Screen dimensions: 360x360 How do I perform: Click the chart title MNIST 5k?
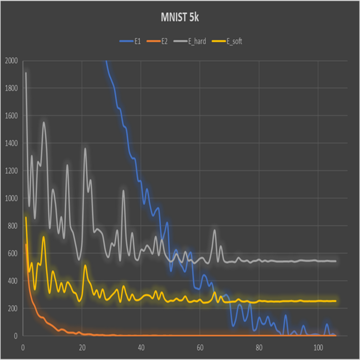pyautogui.click(x=180, y=18)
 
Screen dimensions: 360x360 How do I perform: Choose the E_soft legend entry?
pyautogui.click(x=234, y=42)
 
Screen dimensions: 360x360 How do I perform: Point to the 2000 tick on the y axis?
pyautogui.click(x=11, y=61)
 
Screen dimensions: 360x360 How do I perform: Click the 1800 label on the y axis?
pyautogui.click(x=11, y=88)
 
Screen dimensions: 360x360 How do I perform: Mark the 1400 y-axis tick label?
pyautogui.click(x=11, y=143)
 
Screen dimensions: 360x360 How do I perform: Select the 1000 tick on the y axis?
pyautogui.click(x=11, y=198)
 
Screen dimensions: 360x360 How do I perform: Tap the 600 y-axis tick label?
pyautogui.click(x=12, y=254)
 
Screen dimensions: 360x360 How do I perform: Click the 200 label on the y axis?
pyautogui.click(x=12, y=308)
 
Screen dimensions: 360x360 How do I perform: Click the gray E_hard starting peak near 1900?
pyautogui.click(x=26, y=73)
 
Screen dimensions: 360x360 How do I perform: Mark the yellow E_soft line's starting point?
pyautogui.click(x=26, y=217)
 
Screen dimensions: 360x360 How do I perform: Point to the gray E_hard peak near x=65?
pyautogui.click(x=215, y=230)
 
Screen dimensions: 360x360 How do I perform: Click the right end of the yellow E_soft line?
pyautogui.click(x=336, y=301)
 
